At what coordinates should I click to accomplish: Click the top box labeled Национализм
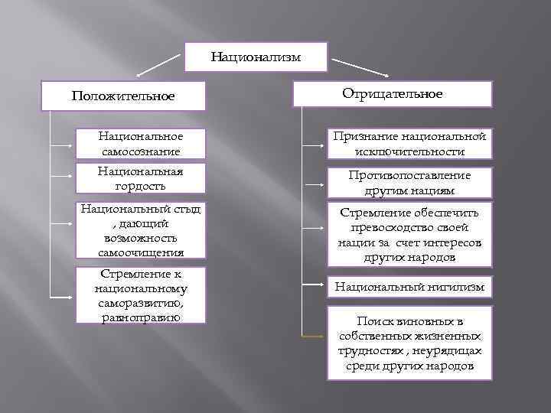coord(256,57)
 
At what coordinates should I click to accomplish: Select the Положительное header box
coord(123,97)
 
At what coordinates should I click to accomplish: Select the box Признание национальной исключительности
coord(409,144)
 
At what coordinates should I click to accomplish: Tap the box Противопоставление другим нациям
coord(409,182)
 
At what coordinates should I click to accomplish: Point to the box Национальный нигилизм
coord(409,288)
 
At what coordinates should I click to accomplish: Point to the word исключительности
coord(409,151)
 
